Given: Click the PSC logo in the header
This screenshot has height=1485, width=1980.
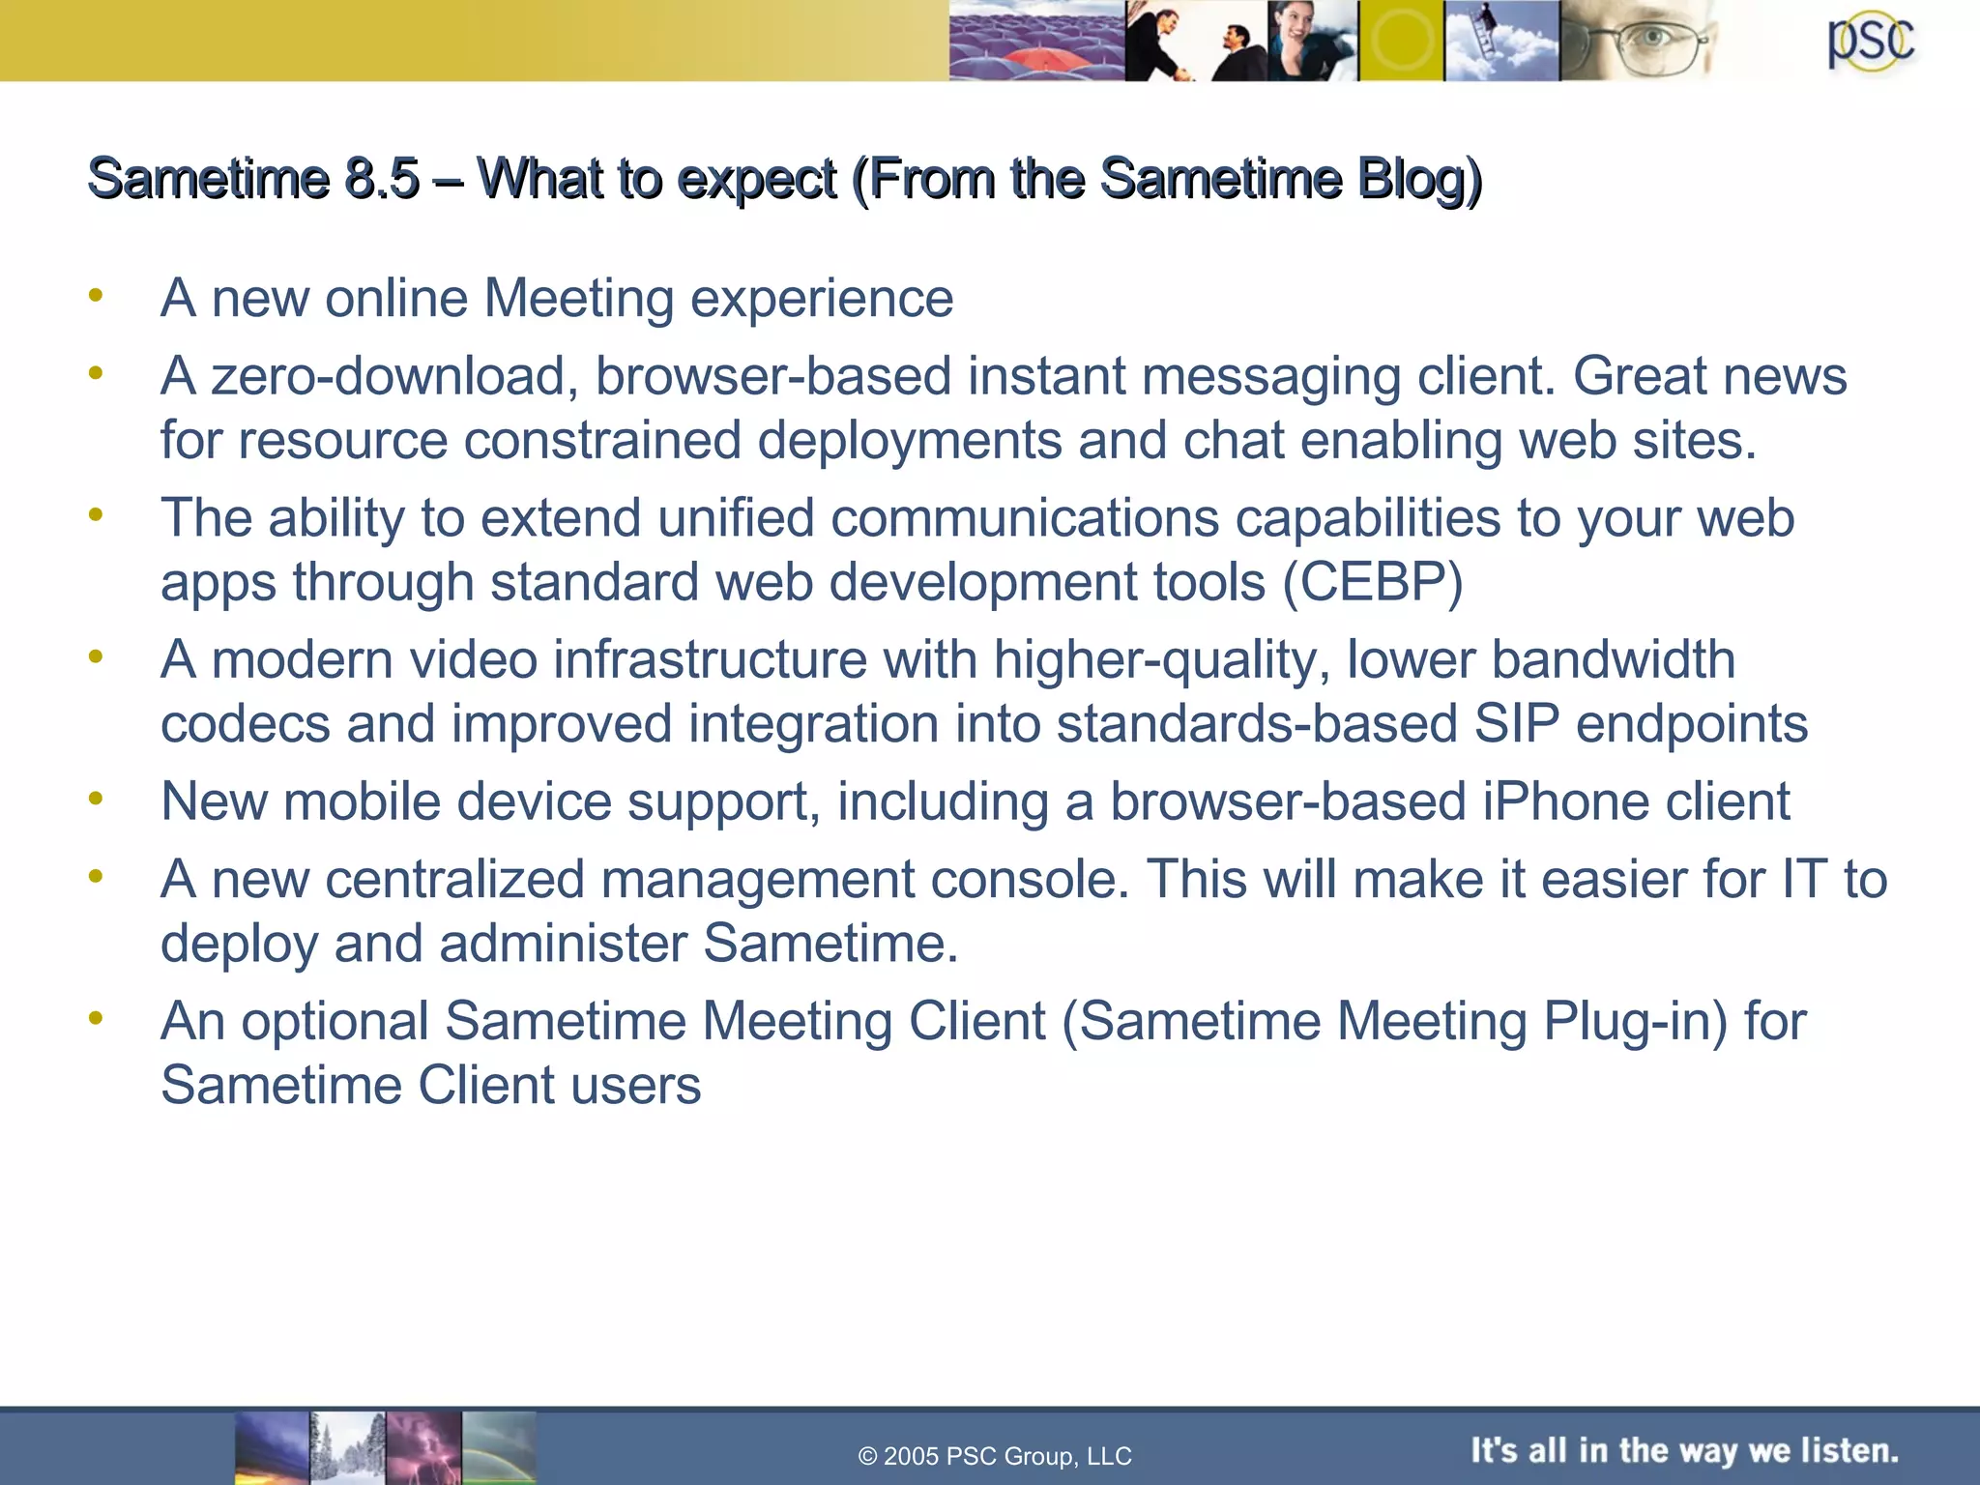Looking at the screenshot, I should (1870, 43).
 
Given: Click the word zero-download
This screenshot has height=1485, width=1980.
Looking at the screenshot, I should (387, 376).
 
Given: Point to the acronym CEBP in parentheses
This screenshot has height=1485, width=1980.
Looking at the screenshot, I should (1373, 582).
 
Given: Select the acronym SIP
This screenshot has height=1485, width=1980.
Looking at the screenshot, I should (1516, 724).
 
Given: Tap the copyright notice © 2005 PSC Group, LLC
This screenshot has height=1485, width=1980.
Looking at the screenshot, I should (995, 1456).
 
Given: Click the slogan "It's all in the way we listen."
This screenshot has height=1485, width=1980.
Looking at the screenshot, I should (1684, 1450).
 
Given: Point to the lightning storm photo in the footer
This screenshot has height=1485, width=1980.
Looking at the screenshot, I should (423, 1447).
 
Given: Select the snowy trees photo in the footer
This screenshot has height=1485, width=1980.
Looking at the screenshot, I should (348, 1447).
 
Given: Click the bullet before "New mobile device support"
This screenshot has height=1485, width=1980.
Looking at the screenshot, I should (95, 799).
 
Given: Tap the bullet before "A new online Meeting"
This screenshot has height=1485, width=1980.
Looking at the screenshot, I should (95, 295).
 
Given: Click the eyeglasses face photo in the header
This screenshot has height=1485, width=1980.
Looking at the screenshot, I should (1639, 41).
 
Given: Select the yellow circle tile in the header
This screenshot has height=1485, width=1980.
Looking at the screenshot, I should (1401, 41).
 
